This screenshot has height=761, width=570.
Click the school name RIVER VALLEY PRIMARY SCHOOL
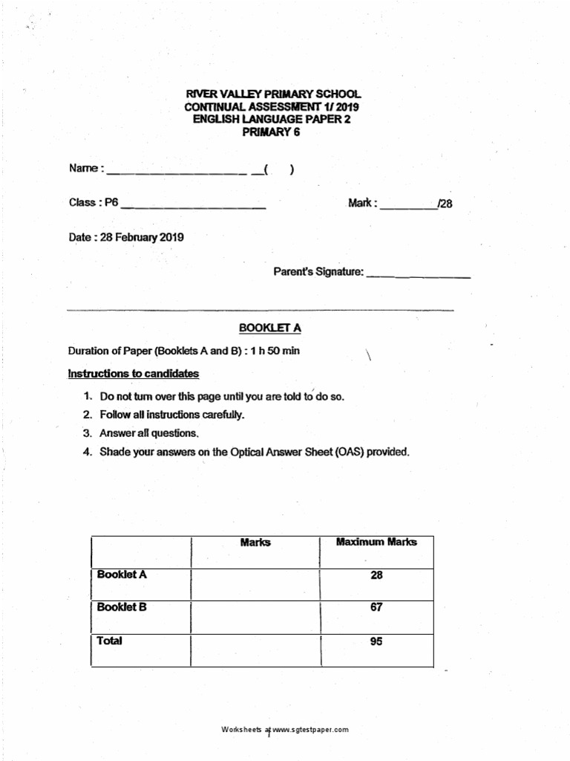[272, 94]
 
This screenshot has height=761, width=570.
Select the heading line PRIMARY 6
[272, 132]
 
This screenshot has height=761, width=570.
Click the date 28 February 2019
[142, 238]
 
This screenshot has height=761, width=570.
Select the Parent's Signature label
[318, 273]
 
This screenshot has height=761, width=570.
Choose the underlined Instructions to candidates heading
[134, 373]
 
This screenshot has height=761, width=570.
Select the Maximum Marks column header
[376, 542]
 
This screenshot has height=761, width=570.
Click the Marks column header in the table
[255, 543]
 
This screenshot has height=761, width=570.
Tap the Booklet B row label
[122, 607]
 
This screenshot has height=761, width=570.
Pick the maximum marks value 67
[376, 607]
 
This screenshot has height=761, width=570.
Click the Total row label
[110, 641]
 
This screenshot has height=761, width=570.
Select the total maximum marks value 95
[376, 641]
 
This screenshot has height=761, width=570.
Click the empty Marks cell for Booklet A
[255, 584]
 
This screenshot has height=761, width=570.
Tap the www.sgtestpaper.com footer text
[310, 730]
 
